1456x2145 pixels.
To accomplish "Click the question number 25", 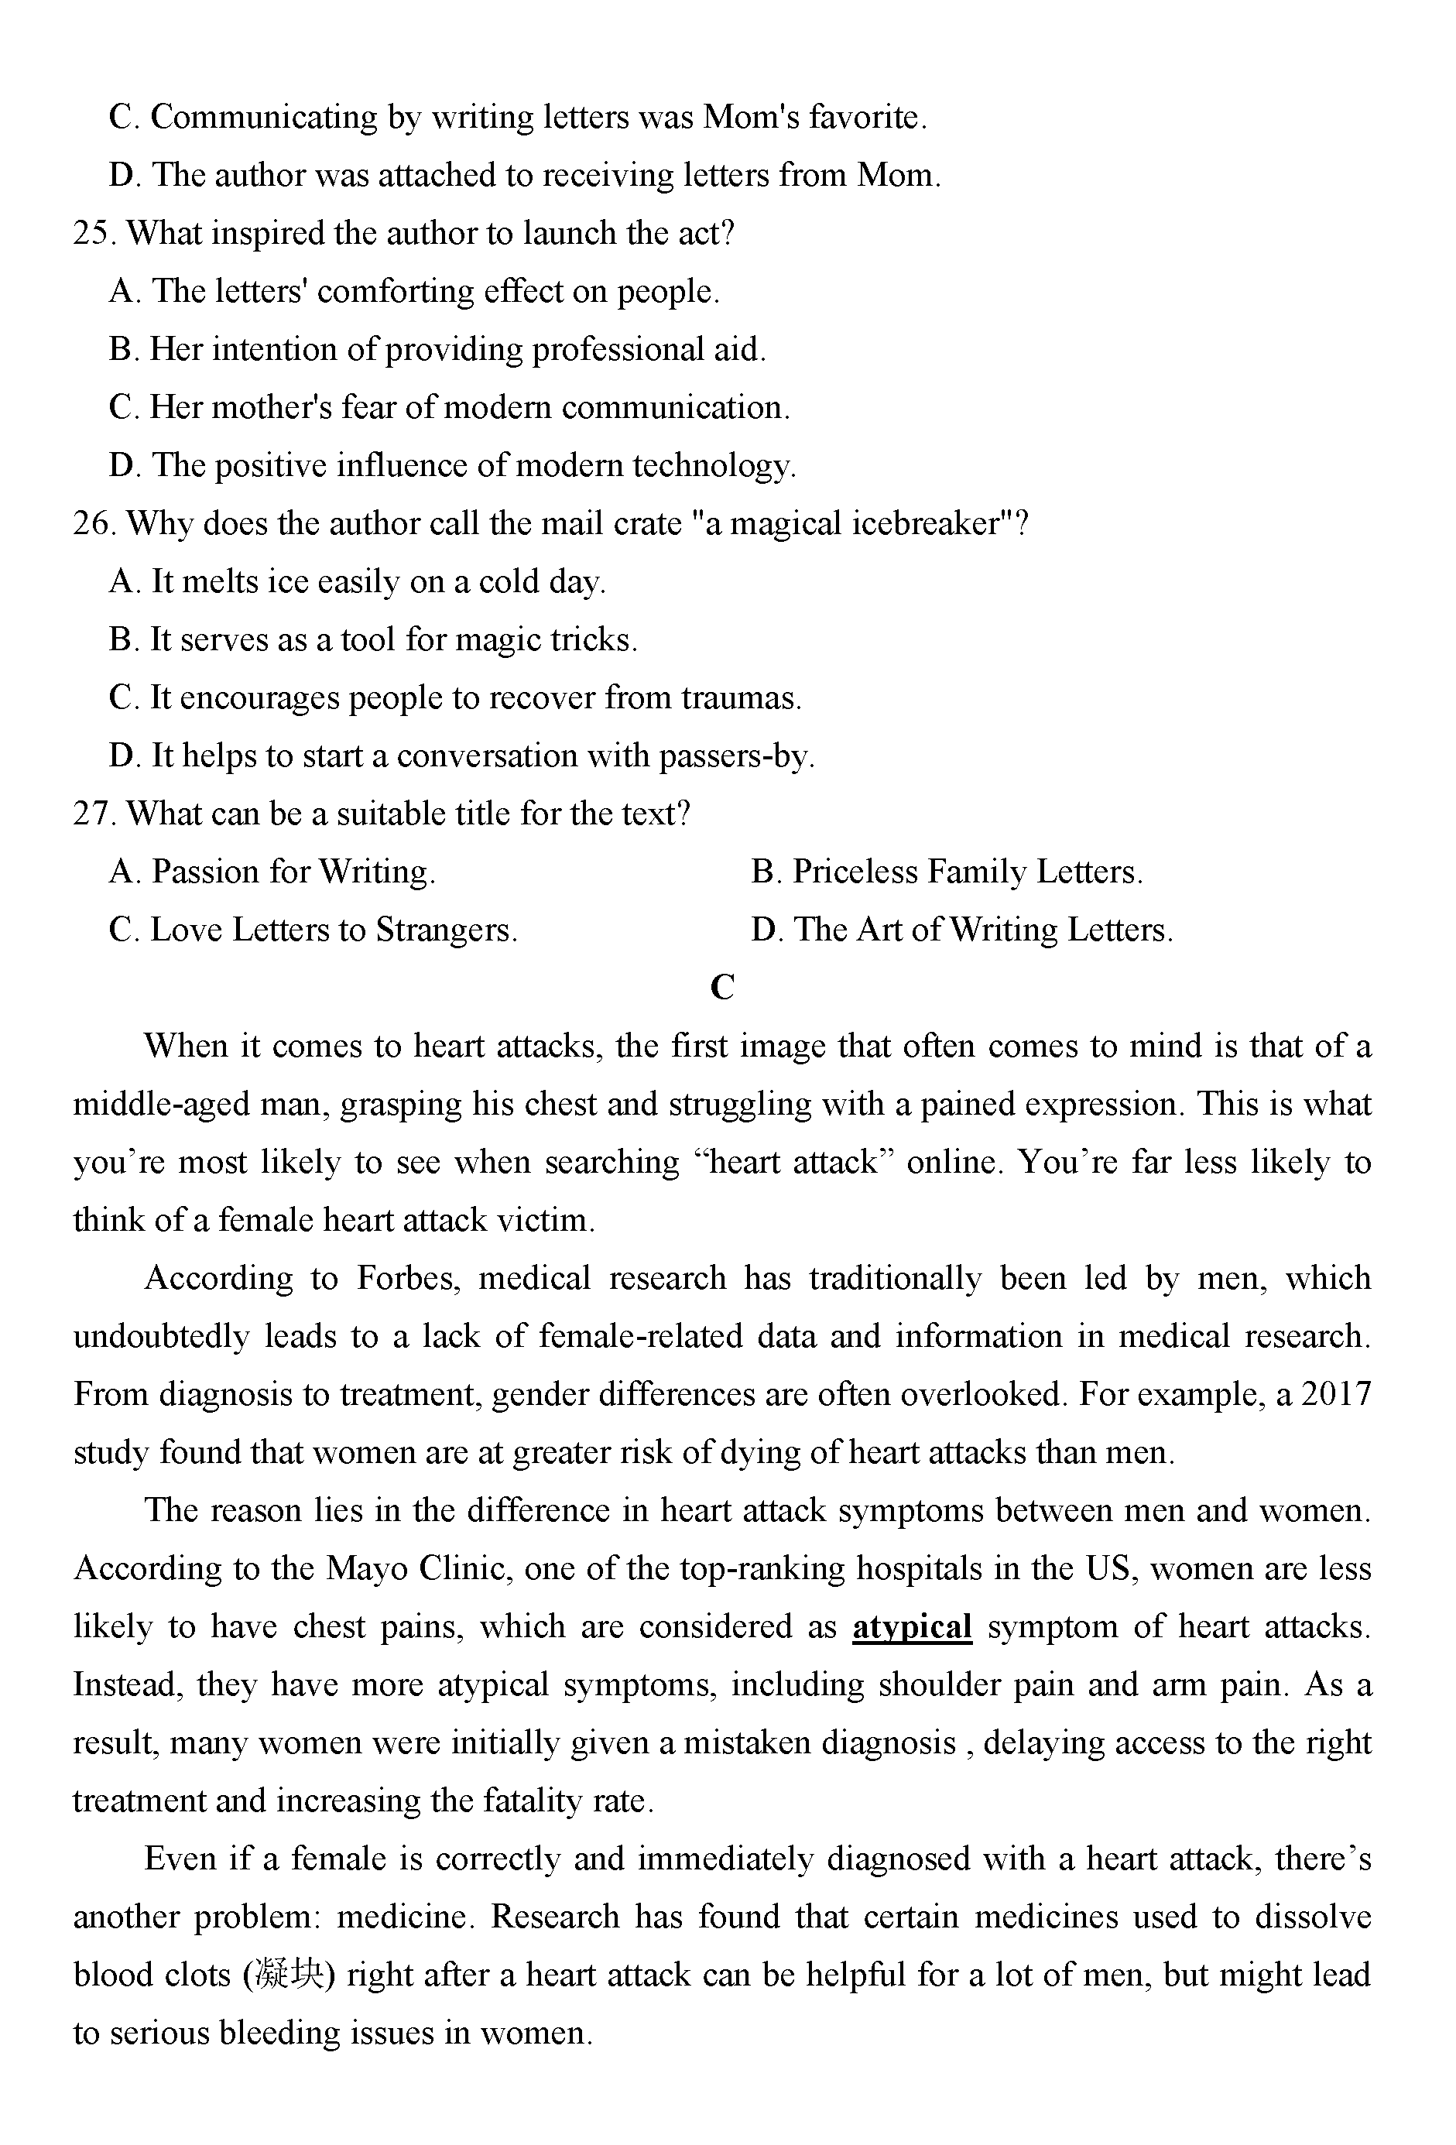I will tap(92, 234).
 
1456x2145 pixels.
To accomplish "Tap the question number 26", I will tap(92, 524).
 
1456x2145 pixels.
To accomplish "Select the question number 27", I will tap(92, 814).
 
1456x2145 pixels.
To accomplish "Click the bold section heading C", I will tap(722, 988).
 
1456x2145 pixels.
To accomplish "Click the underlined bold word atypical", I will tap(912, 1626).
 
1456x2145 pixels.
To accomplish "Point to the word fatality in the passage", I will tap(533, 1801).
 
